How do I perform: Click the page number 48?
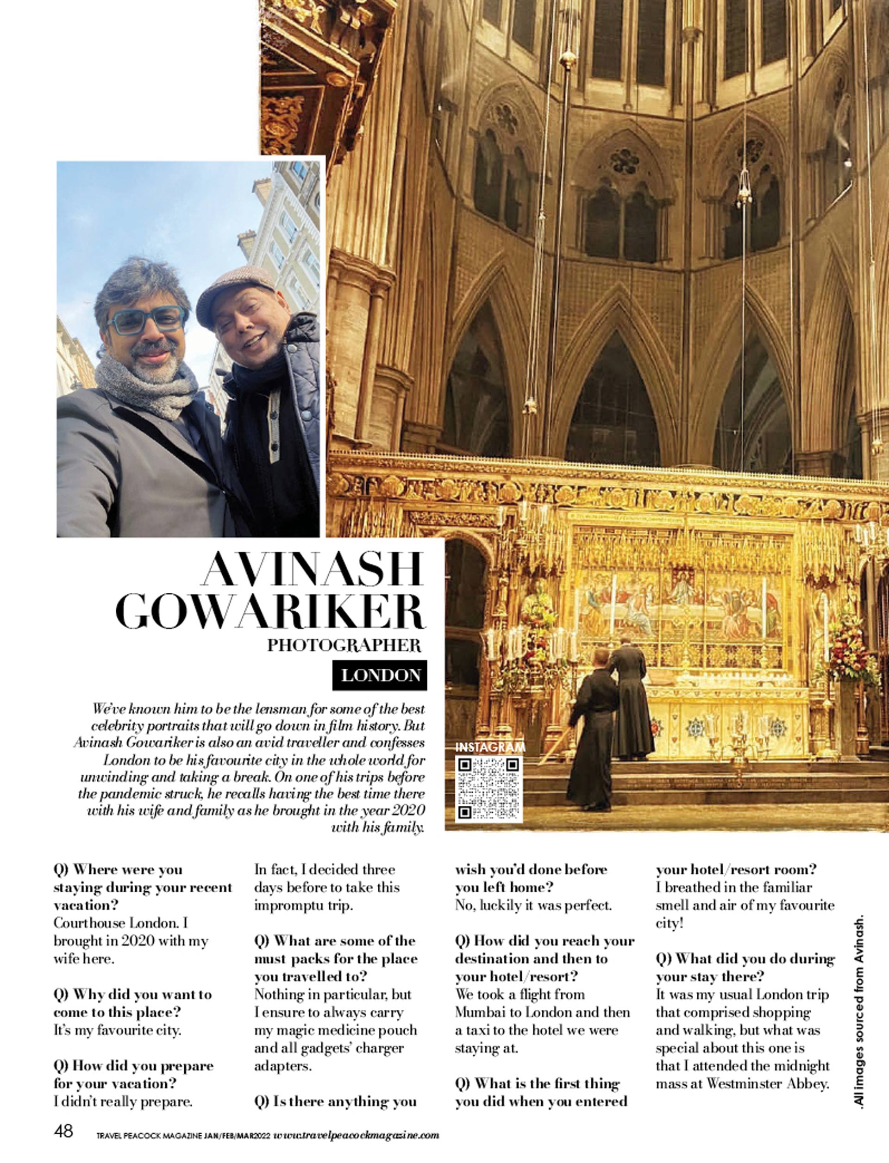[63, 1131]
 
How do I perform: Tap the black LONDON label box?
[380, 675]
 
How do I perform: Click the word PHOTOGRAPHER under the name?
[344, 645]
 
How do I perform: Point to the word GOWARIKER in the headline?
[270, 611]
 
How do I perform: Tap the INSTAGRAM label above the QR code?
[490, 747]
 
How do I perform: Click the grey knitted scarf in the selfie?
[145, 389]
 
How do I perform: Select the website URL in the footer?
[356, 1135]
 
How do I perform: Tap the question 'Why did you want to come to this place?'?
[132, 1003]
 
